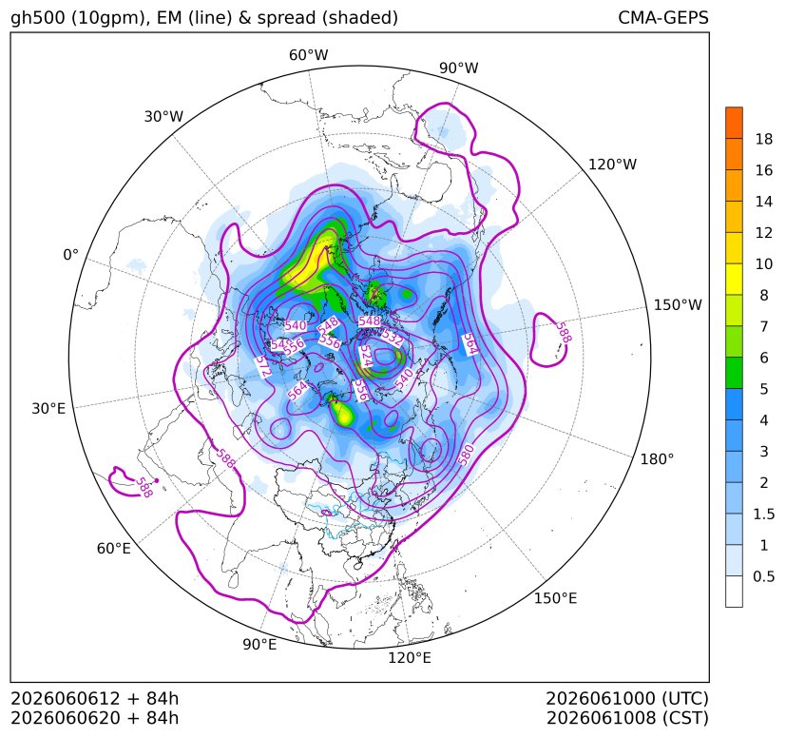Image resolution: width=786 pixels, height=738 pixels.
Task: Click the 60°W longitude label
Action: tap(308, 55)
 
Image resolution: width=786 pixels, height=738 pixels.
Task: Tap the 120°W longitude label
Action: tap(612, 165)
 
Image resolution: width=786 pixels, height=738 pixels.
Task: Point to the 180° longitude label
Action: tap(657, 458)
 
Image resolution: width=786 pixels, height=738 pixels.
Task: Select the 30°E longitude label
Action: tap(48, 408)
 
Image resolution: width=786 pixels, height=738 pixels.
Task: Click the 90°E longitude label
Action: tap(259, 644)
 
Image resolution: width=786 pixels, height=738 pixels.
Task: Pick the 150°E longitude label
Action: tap(555, 598)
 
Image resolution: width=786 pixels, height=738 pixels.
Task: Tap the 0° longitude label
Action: tap(70, 255)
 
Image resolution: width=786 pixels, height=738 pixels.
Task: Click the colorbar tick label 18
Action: tap(764, 139)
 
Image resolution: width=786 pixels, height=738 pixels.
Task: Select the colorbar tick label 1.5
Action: tap(764, 514)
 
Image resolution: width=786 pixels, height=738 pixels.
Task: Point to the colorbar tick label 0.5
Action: tap(764, 576)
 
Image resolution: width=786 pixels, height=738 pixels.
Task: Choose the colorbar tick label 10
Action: tap(764, 263)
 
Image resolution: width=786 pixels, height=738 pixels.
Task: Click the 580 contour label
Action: tap(466, 455)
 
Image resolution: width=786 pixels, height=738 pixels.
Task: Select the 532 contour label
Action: tap(393, 338)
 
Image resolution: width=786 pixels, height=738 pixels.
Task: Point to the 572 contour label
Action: tap(262, 366)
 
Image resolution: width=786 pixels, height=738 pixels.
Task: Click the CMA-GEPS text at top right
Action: tap(663, 18)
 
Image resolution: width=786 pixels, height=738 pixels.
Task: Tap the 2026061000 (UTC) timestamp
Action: tap(627, 698)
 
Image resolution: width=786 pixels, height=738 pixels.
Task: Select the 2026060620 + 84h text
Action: tap(95, 718)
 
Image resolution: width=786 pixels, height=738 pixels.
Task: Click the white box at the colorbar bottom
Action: tap(734, 592)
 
